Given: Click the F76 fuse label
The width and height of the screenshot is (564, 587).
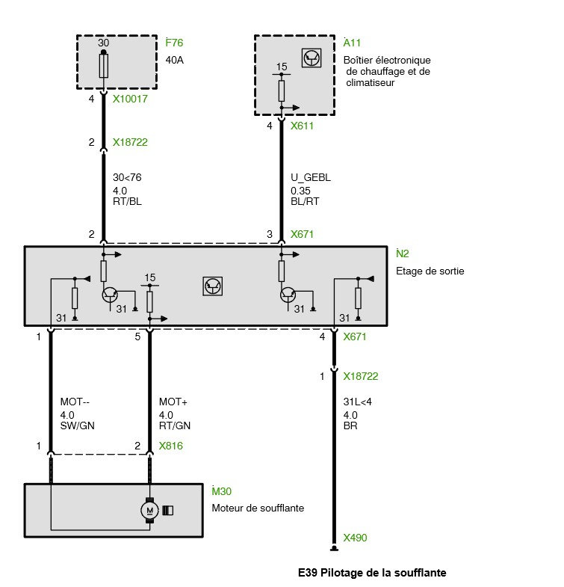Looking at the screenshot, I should tap(173, 42).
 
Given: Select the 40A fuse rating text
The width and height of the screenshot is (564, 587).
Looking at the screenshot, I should tap(174, 60).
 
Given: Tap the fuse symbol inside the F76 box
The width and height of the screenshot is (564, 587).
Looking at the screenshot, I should tap(104, 67).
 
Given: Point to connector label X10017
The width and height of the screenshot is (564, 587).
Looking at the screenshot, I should tap(130, 98).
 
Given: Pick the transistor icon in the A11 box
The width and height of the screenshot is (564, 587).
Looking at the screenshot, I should tap(310, 59).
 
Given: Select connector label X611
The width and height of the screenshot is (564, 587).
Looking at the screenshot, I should tap(302, 126).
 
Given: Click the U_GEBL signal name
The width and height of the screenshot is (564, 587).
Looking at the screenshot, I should tap(310, 177).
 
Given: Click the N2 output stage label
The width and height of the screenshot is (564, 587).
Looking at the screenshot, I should tap(403, 253).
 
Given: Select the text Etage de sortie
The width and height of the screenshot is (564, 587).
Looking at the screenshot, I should tap(430, 271).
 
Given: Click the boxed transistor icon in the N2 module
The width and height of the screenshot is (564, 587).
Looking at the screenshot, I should tap(213, 285).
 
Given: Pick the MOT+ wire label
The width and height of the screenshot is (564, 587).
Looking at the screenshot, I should tap(173, 402).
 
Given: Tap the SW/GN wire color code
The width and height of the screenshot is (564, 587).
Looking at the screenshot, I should tap(78, 426).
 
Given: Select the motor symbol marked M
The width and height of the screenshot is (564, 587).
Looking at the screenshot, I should tap(150, 510).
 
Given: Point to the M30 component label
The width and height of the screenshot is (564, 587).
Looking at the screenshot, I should tap(223, 491).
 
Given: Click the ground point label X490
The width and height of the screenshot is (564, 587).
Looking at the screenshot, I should tap(355, 538).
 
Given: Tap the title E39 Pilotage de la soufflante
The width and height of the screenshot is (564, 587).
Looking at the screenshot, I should tap(372, 573).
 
